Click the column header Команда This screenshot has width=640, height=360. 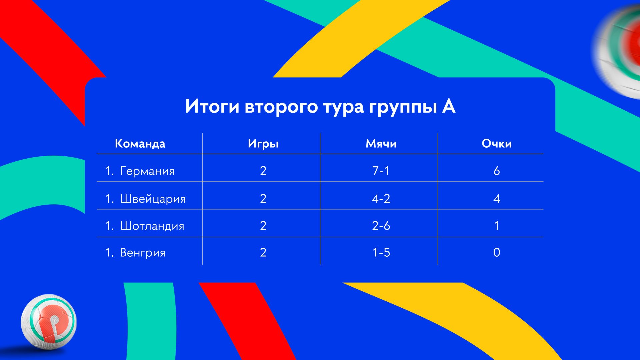click(140, 144)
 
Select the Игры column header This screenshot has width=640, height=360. click(263, 144)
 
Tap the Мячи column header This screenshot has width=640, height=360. click(381, 144)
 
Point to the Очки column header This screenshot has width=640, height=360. click(497, 144)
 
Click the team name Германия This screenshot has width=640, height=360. click(147, 171)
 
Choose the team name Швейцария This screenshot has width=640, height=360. click(153, 199)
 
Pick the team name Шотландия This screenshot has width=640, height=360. click(152, 226)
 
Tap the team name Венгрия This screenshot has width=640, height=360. click(143, 253)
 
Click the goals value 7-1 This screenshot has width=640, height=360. click(381, 171)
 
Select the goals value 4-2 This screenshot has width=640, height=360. click(381, 199)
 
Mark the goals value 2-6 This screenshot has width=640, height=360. click(381, 226)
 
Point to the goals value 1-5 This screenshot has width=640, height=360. click(381, 252)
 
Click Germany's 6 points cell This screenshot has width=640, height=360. click(497, 171)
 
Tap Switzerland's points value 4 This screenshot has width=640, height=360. click(497, 199)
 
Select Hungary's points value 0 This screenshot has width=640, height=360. click(497, 252)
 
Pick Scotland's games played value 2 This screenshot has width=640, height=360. click(263, 226)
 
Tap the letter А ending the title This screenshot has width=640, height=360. click(449, 106)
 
